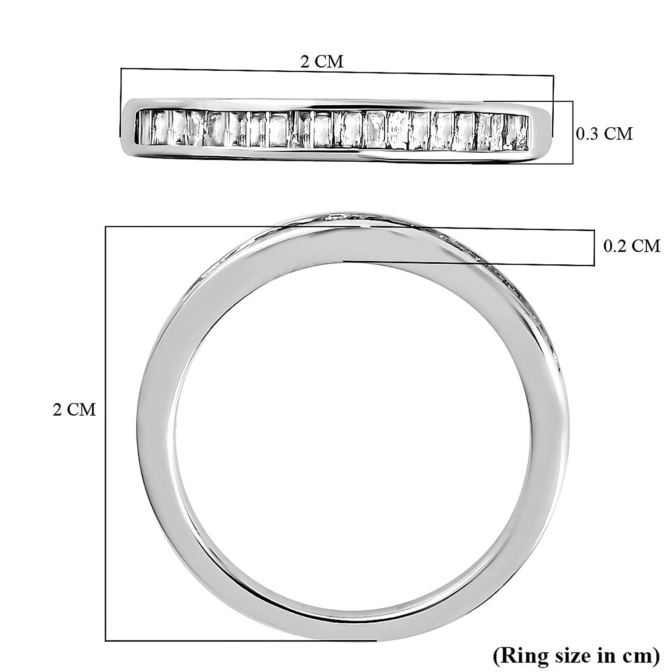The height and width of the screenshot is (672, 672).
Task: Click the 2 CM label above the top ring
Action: [322, 61]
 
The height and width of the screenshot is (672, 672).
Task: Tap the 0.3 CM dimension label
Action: [604, 134]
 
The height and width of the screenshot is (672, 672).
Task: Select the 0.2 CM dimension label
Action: [632, 246]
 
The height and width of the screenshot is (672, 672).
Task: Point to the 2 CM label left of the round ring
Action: [74, 409]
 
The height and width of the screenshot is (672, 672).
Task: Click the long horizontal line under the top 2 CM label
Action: [336, 72]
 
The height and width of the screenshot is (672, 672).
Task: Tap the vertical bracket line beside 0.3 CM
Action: [573, 132]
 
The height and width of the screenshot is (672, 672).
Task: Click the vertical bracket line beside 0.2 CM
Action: [594, 248]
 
